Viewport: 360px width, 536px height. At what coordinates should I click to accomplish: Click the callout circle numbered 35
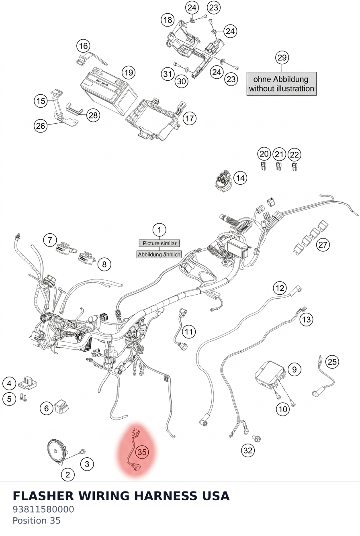[x=142, y=452]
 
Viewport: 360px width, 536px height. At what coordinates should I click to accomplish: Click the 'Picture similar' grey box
[x=159, y=243]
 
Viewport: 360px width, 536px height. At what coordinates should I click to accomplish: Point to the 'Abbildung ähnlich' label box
[x=159, y=255]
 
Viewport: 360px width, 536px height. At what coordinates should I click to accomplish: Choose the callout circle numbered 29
[x=282, y=58]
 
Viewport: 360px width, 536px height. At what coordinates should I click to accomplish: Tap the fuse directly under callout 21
[x=278, y=166]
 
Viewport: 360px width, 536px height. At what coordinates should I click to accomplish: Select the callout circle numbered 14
[x=240, y=178]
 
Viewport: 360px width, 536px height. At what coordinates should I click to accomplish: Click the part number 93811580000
[x=43, y=510]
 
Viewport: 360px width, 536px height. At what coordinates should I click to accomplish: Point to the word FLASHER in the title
[x=43, y=496]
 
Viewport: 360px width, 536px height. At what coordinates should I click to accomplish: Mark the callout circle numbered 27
[x=323, y=245]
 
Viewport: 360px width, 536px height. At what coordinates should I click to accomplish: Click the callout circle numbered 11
[x=189, y=332]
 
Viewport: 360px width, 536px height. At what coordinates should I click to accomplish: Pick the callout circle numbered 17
[x=190, y=118]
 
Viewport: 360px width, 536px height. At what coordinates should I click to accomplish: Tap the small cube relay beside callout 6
[x=61, y=406]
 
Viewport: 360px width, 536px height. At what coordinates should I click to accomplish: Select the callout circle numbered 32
[x=247, y=450]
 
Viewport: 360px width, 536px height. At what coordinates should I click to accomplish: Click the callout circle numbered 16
[x=83, y=46]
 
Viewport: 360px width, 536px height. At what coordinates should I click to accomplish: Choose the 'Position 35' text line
[x=37, y=521]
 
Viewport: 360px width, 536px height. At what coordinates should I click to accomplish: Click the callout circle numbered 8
[x=104, y=264]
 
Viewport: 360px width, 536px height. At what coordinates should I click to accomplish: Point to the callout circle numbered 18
[x=168, y=20]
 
